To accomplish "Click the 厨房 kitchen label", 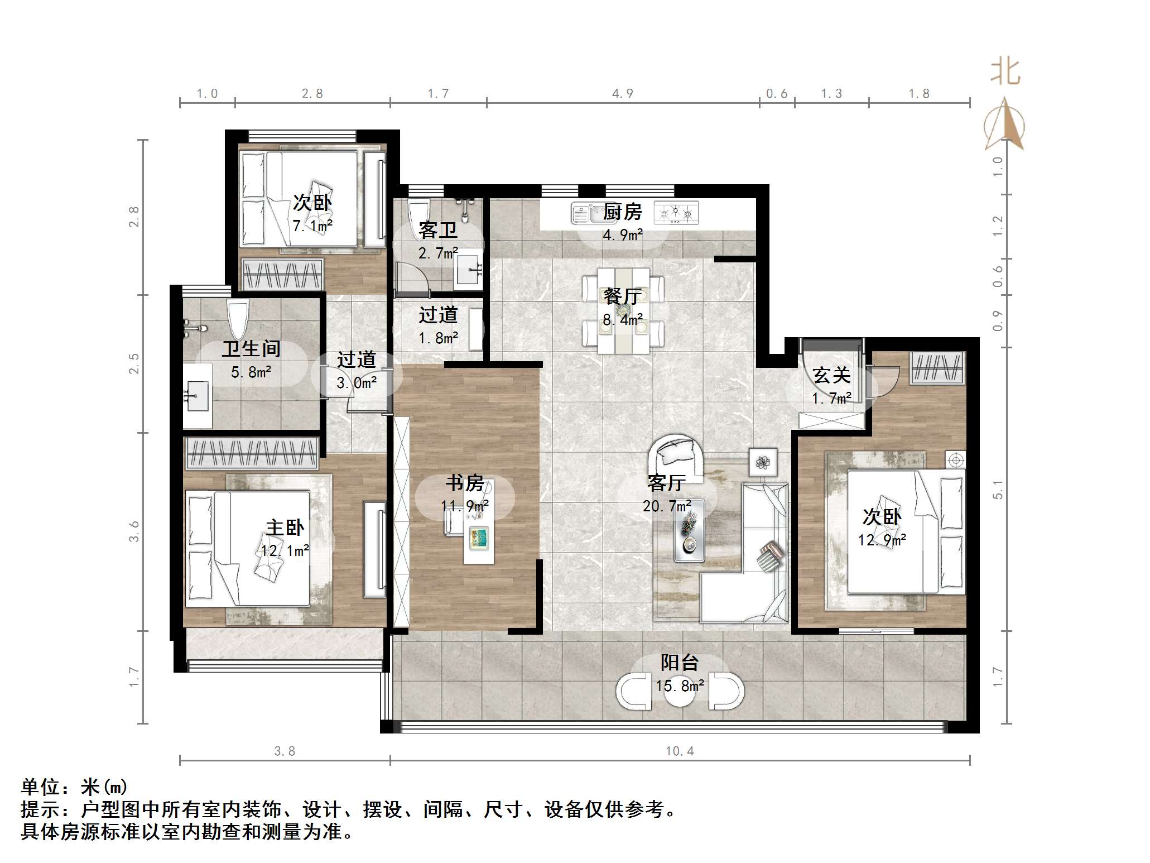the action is tap(622, 212).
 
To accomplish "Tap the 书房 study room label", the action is tap(464, 483).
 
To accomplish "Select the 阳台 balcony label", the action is tap(680, 663).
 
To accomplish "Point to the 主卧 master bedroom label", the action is tap(285, 528).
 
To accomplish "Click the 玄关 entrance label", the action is tap(831, 375).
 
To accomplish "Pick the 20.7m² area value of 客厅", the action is tap(667, 506).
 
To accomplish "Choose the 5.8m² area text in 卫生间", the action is tap(251, 372).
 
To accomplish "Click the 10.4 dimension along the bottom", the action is tap(680, 751).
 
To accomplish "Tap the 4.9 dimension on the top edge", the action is tap(623, 94).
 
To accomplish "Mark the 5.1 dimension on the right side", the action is tap(998, 490).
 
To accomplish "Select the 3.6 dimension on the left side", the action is tap(134, 531).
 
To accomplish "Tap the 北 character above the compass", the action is tap(1005, 73).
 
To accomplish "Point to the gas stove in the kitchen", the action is tap(676, 213).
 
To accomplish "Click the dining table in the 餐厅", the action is tap(623, 311).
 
